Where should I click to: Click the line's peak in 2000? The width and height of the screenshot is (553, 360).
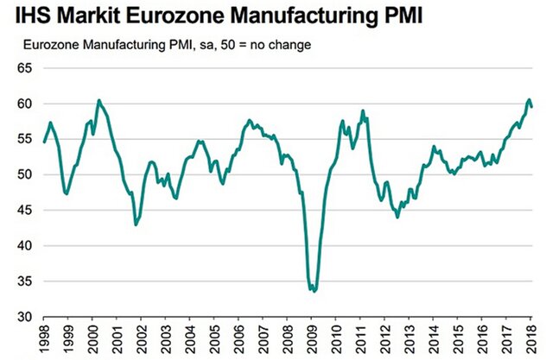click(99, 100)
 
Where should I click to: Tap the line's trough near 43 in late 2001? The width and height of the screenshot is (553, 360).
click(136, 224)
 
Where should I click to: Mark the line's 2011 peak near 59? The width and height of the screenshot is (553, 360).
click(363, 111)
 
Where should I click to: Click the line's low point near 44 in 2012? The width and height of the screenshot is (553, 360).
click(397, 217)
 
